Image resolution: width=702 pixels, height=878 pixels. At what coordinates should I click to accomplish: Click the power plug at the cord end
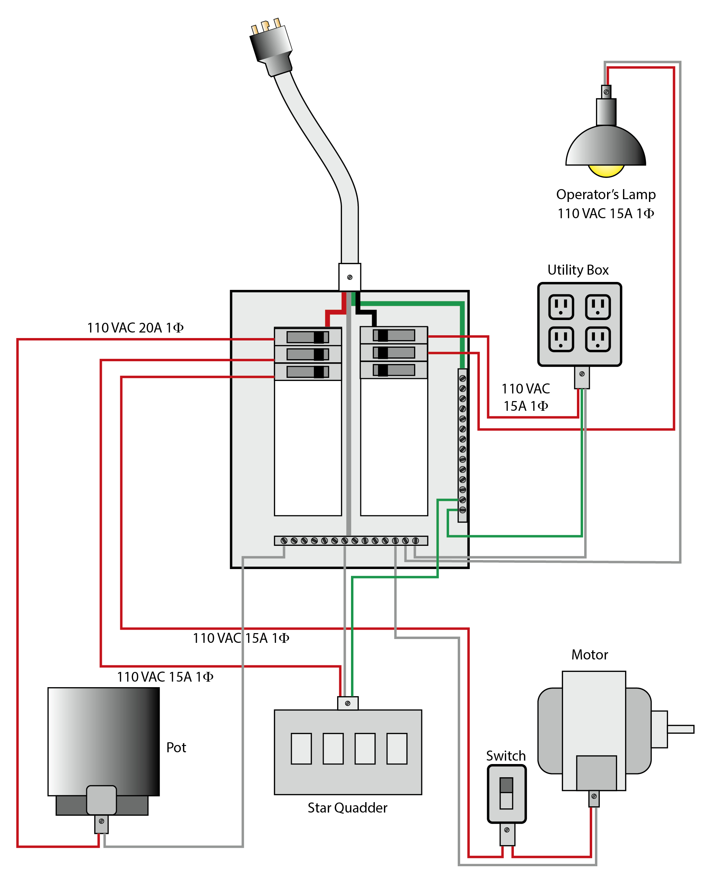click(271, 47)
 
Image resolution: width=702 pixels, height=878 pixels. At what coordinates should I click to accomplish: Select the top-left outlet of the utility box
click(561, 307)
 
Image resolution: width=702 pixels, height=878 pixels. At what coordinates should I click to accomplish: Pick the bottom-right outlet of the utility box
click(598, 339)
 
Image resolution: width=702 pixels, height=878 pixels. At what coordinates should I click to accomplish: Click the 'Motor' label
click(589, 655)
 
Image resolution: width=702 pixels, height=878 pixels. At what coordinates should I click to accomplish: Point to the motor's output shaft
click(681, 729)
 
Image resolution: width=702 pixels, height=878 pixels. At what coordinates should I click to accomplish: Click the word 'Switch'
click(506, 756)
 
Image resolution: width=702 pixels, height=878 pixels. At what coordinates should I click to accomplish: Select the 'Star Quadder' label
click(348, 808)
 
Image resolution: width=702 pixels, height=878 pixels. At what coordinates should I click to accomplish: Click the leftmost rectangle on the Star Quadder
click(301, 749)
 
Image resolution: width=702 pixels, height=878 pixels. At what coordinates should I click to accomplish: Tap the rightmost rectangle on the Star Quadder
click(397, 749)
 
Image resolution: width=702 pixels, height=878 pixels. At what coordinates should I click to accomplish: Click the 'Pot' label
click(176, 748)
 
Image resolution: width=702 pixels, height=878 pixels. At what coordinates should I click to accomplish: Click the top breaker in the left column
click(308, 337)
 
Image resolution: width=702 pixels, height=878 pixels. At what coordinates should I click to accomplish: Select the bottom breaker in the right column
click(394, 370)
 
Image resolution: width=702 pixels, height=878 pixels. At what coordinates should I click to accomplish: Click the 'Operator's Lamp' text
click(606, 195)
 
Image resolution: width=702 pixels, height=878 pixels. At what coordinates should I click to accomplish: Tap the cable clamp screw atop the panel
click(350, 277)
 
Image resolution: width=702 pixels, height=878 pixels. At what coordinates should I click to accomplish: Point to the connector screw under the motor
click(594, 796)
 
